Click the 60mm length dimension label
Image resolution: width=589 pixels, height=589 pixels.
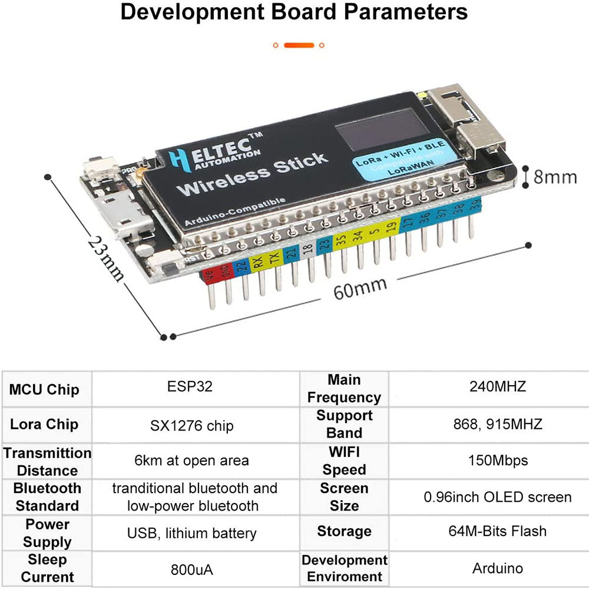[360, 288]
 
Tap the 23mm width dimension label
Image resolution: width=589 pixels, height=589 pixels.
[106, 258]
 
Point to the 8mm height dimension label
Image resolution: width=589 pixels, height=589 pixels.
[555, 176]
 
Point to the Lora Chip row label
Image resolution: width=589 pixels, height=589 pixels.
[44, 425]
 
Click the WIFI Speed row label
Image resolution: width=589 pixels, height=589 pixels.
[345, 461]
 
